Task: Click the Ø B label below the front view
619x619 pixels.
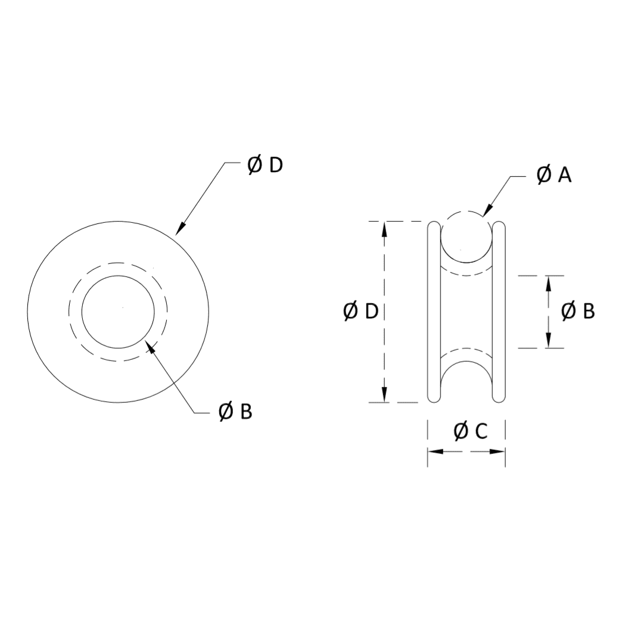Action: [235, 412]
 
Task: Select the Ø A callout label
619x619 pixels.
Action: [553, 175]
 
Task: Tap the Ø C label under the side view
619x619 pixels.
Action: [471, 431]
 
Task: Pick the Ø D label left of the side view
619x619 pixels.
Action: [361, 311]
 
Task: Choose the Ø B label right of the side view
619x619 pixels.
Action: [578, 311]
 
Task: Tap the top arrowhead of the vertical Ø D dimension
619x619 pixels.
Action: [384, 229]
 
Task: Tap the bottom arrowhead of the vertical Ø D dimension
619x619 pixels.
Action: [384, 394]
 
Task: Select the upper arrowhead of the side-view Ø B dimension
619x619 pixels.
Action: [548, 283]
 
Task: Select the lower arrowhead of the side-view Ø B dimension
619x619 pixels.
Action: [548, 341]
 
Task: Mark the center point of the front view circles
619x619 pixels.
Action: [122, 307]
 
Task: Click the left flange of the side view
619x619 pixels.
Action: [434, 311]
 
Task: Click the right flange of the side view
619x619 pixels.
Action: [499, 311]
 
